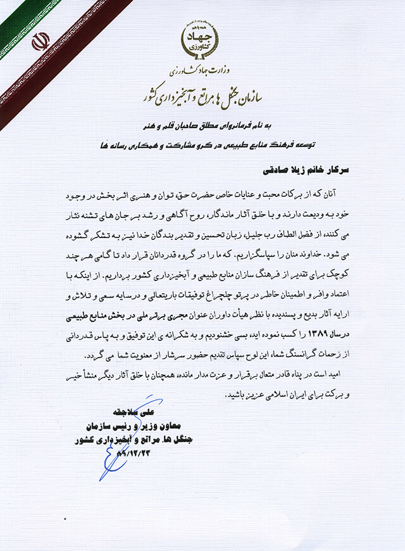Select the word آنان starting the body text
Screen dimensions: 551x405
click(x=342, y=189)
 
